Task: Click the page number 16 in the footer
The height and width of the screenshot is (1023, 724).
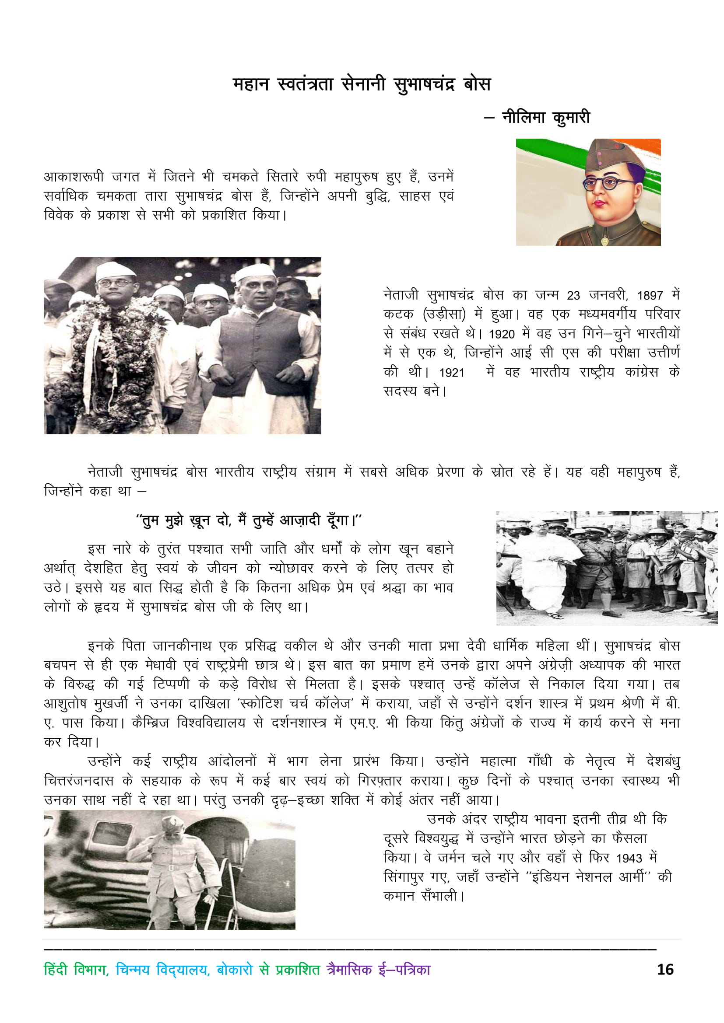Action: tap(665, 970)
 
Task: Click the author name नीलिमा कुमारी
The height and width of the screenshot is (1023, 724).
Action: tap(546, 118)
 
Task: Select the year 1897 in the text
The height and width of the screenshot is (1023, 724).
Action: tap(650, 295)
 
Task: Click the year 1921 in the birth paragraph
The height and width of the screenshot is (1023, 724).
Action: tap(452, 373)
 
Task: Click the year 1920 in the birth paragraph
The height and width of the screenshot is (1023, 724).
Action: tap(502, 334)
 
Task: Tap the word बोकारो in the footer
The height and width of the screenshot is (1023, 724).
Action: tap(235, 970)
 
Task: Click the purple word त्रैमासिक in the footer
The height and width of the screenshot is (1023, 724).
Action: tap(349, 970)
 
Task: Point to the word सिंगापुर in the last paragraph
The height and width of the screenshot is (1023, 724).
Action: tap(404, 877)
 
